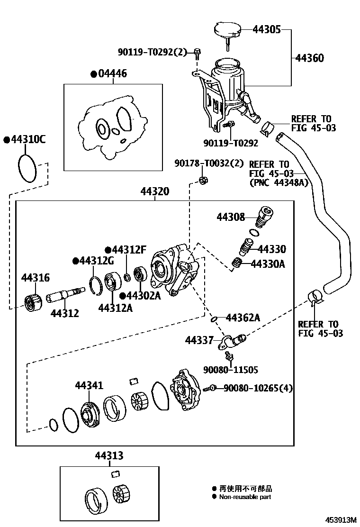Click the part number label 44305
(267, 29)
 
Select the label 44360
(309, 58)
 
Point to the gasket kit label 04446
(112, 74)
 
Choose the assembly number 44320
(154, 191)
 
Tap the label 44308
(231, 218)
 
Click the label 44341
(89, 386)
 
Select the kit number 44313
(109, 456)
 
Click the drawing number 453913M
(340, 520)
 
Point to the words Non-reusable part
(245, 497)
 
